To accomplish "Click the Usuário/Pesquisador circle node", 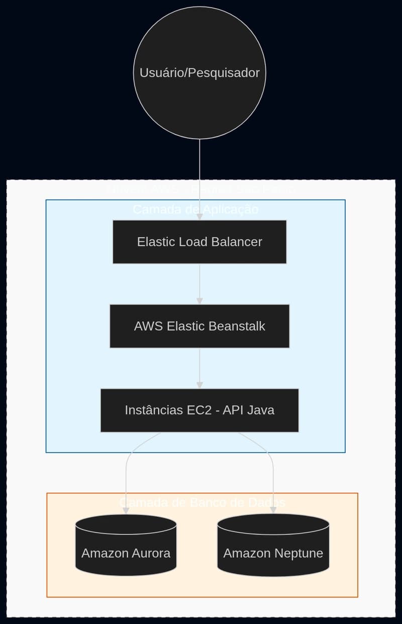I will coord(199,72).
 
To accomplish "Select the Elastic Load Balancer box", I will coord(199,242).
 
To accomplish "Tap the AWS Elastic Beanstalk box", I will coord(199,326).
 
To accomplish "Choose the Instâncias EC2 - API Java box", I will coord(199,410).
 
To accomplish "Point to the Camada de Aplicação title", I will coord(195,209).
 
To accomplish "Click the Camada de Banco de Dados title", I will coord(202,502).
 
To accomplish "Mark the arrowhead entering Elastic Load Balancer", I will coord(199,217).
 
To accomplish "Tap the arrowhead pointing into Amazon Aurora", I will coord(126,510).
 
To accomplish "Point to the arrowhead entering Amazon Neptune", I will coord(273,510).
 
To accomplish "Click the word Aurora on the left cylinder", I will coord(151,554).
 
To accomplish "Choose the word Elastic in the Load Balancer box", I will coord(153,242).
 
